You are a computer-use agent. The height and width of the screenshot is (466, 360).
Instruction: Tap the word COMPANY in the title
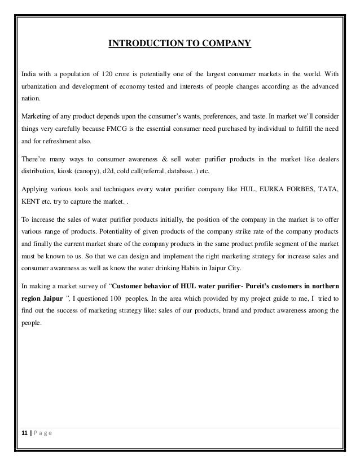(227, 43)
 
